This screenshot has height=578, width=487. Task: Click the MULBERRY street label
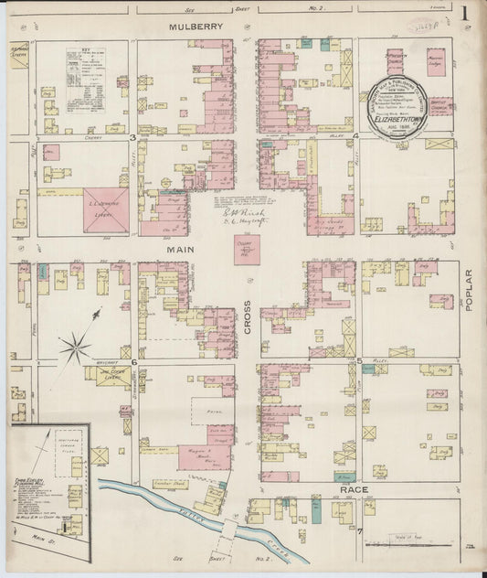pos(196,27)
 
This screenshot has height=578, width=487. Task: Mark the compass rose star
pos(76,347)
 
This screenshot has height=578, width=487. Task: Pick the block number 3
pos(132,138)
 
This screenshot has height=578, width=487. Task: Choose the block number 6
pos(133,362)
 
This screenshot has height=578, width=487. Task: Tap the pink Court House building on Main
pos(247,249)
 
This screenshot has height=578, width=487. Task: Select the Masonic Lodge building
pos(438,66)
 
